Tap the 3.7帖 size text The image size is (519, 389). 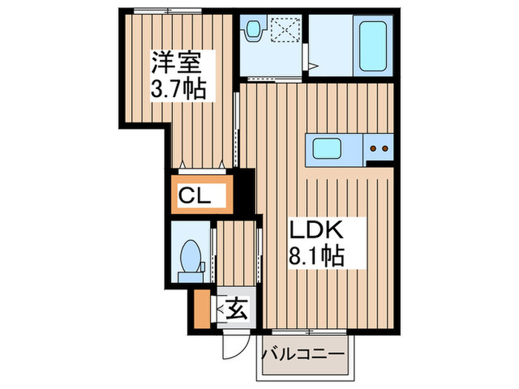(x=179, y=90)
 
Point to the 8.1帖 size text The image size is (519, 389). (x=315, y=257)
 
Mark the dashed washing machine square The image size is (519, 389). (x=285, y=32)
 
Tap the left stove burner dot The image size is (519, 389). (x=374, y=148)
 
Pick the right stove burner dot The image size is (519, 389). (x=386, y=148)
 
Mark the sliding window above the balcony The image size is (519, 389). (x=303, y=330)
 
